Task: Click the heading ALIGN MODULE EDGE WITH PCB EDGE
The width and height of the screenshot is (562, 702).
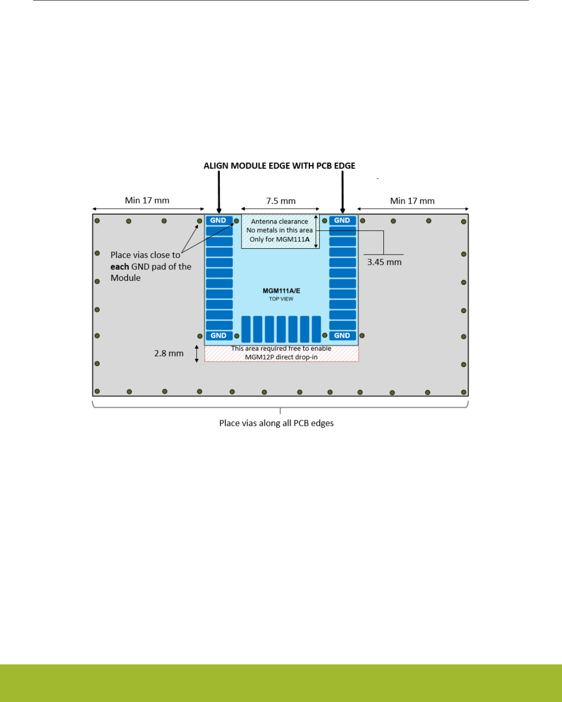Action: point(279,166)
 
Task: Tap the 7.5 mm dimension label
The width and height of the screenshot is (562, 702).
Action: point(281,201)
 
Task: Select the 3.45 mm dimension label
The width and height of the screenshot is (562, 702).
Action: point(384,262)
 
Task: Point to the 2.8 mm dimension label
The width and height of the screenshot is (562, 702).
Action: point(169,353)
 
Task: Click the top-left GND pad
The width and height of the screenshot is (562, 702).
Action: point(219,220)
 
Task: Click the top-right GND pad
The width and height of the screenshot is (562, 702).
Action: point(342,220)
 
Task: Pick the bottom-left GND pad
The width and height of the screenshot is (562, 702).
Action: point(219,335)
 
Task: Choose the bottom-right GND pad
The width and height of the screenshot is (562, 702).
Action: point(342,335)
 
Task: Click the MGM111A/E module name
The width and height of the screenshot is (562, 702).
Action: point(281,291)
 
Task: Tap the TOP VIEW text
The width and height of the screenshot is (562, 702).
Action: point(281,299)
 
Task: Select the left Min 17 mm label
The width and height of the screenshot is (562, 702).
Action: point(147,201)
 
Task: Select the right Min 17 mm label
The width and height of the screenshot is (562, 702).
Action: point(412,201)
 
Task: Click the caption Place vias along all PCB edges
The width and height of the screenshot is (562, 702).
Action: point(276,423)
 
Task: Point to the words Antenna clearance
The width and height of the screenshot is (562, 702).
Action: point(279,222)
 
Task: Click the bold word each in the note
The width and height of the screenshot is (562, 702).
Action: point(119,267)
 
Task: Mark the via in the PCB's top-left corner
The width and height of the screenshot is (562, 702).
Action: point(97,221)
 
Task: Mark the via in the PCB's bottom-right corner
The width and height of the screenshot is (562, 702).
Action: point(464,392)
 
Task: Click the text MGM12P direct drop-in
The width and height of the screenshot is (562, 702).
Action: point(281,357)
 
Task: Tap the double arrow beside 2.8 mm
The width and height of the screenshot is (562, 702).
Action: point(197,354)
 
